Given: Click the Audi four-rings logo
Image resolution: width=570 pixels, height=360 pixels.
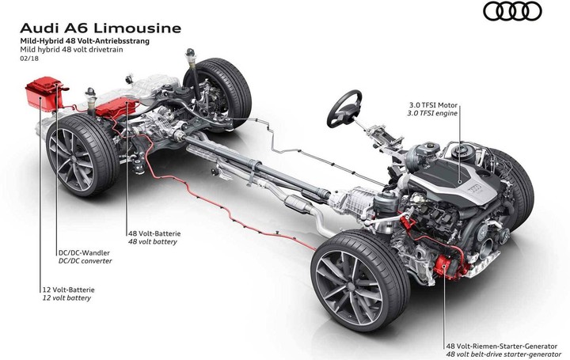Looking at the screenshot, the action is coord(512,11).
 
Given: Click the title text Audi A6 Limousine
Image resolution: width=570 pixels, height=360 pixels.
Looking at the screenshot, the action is coord(101,28).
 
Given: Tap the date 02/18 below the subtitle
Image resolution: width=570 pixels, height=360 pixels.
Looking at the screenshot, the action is coord(29,58).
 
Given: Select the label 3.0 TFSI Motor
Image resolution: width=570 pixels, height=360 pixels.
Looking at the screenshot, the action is coord(433,105).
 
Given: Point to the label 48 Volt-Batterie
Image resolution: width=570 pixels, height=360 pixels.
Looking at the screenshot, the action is coord(154,233).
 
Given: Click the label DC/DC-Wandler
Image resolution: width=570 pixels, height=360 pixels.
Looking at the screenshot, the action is coord(84,253).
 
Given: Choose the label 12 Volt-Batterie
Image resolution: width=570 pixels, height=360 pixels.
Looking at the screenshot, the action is coord(68,290).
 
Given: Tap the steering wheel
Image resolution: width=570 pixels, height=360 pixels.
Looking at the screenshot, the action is coord(344,108).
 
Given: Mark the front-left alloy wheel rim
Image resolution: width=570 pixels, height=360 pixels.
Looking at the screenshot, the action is coord(349,287).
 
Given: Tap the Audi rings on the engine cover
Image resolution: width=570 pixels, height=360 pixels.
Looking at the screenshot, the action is coord(476,188).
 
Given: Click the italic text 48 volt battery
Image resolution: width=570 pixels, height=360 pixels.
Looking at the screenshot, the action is coord(152,241).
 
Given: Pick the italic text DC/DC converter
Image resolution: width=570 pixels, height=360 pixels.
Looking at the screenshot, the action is coord(85,261).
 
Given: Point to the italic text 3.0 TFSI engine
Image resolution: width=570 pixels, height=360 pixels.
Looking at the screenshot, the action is coord(432,113).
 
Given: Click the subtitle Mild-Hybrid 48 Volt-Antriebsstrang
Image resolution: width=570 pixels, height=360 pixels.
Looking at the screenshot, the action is coord(85,41).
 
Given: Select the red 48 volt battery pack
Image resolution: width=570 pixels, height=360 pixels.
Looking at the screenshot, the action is coord(116,108).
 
